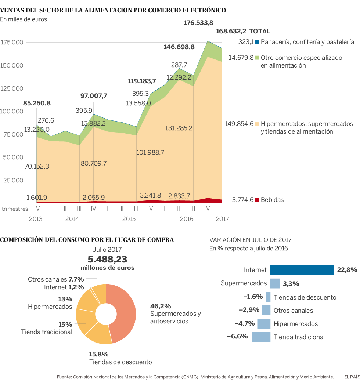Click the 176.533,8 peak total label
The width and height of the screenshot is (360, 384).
[198, 23]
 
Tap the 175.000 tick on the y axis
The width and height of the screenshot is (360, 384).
[12, 43]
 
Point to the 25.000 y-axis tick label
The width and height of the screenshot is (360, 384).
[14, 181]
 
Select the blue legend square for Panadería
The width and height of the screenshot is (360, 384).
[258, 42]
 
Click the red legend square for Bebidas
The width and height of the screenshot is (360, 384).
[258, 200]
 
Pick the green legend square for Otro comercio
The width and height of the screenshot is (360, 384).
[258, 58]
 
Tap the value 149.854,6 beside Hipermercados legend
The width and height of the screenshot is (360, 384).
[239, 124]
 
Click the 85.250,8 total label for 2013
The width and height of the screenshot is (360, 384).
[37, 103]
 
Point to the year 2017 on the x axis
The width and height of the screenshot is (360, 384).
[222, 219]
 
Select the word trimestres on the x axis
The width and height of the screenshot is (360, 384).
[15, 209]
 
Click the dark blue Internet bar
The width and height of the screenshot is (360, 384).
[302, 270]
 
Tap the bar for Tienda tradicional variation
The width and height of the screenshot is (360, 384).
[261, 337]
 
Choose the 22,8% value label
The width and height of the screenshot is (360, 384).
[347, 270]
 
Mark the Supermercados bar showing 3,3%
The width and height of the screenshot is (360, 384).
[275, 283]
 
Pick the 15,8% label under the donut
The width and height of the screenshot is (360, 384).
[99, 354]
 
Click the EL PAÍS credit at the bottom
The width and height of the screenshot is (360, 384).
[352, 377]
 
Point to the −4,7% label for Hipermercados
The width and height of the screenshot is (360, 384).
[244, 323]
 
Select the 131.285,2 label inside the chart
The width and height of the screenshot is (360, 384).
[179, 128]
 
